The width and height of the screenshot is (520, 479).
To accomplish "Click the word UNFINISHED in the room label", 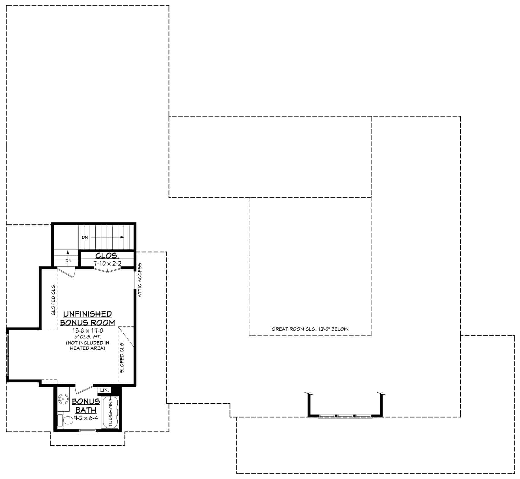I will (x=88, y=314).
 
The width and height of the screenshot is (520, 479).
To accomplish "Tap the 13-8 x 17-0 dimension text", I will (x=88, y=331).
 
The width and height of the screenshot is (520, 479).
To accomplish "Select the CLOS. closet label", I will (x=107, y=256).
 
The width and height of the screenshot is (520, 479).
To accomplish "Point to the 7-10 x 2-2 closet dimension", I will (x=107, y=264).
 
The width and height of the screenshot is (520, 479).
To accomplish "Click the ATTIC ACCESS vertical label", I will (x=140, y=280).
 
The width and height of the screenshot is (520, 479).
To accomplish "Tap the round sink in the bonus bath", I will (x=63, y=399).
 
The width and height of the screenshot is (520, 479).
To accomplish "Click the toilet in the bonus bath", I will (x=67, y=420).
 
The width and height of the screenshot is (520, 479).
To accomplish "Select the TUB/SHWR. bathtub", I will (x=110, y=412).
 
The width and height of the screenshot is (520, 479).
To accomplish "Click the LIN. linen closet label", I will (x=104, y=390).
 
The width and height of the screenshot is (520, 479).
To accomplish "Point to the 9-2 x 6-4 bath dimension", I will (x=86, y=418).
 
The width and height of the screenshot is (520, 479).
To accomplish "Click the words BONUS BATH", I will (x=86, y=406).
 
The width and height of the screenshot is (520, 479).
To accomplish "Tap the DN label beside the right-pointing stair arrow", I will (x=85, y=237).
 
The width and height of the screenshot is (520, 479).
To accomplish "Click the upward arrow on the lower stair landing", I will (x=68, y=253).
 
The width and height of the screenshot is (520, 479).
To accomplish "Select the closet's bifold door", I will (x=107, y=270).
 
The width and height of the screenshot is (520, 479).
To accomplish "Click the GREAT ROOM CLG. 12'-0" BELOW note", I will (x=310, y=329).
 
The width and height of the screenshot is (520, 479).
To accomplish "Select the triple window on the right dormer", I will (x=345, y=416).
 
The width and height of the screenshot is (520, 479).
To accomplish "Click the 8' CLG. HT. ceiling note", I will (x=88, y=337).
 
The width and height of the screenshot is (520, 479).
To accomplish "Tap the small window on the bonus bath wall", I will (x=88, y=431).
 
